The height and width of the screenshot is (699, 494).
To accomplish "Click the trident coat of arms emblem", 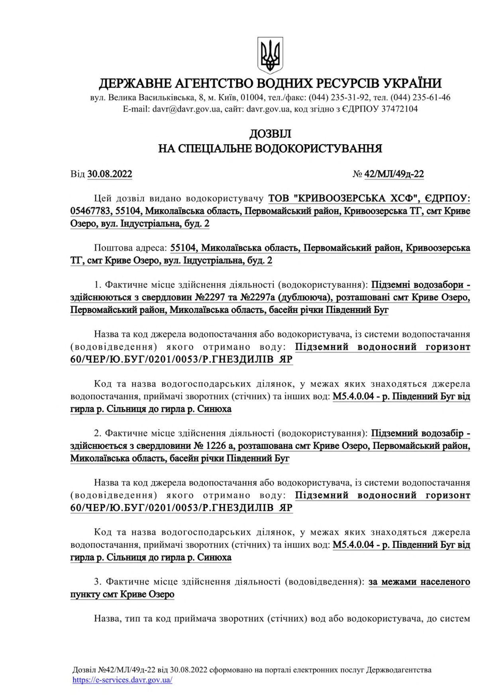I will pos(270,55).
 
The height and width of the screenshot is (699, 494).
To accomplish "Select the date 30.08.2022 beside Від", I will pos(110,174).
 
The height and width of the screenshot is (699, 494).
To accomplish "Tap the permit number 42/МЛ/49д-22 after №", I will pos(394,174).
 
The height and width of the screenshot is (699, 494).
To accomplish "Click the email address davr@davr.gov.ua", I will pos(186,109).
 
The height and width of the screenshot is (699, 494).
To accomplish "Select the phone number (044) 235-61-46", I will pos(420,97).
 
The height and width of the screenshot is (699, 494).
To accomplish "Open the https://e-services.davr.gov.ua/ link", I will pos(122,680).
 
